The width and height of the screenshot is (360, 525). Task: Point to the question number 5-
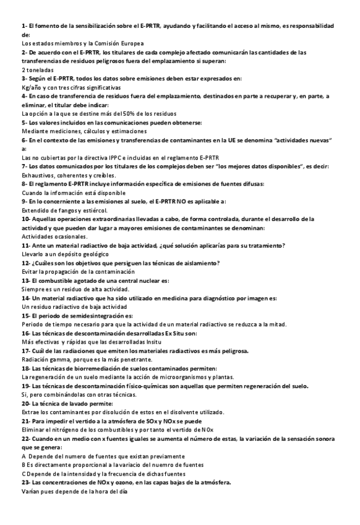point(25,123)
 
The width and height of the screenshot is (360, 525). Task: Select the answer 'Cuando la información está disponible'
point(77,193)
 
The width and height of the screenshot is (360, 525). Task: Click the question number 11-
point(27,245)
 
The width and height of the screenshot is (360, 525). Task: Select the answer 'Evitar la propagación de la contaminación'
point(78,271)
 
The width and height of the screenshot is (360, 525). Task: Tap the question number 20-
point(27,403)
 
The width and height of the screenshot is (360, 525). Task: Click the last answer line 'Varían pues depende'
point(73,491)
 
